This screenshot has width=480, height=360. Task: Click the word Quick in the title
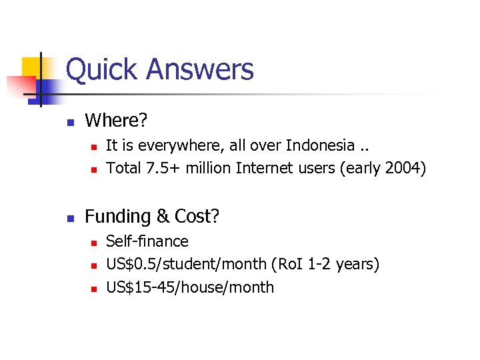(103, 69)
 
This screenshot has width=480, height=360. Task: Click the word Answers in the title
(199, 69)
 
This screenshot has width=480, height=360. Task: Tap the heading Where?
(116, 121)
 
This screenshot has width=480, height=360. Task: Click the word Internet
(266, 168)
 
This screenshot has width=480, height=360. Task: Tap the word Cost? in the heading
(197, 217)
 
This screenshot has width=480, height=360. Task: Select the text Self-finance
(147, 241)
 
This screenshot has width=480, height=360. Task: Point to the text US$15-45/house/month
(190, 287)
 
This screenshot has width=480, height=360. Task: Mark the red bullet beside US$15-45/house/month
(93, 289)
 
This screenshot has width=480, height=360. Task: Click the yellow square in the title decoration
(31, 67)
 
